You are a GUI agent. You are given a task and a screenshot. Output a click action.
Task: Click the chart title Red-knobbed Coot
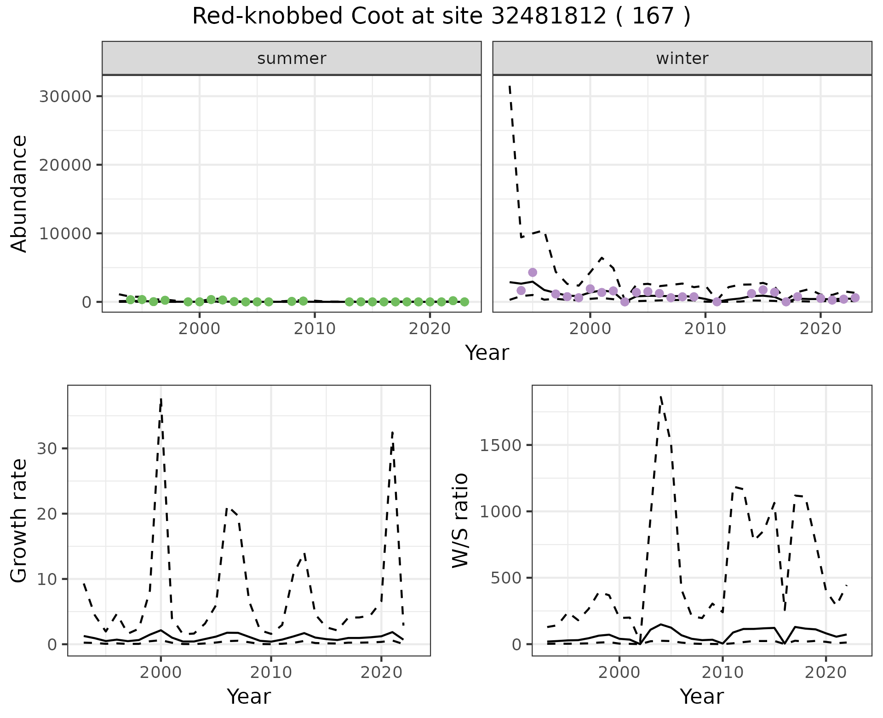coord(441,17)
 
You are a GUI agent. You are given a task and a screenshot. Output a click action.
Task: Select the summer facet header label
coord(292,58)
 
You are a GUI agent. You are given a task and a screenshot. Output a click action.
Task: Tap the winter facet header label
coord(682,58)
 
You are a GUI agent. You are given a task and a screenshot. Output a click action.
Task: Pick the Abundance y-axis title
coord(19,193)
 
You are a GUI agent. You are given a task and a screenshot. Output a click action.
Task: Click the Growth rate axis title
coord(19,520)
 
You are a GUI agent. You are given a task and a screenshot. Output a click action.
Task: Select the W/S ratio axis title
coord(460,520)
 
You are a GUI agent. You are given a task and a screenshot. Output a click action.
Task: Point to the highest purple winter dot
coord(533,272)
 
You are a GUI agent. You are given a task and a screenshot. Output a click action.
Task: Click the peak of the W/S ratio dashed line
coord(661,397)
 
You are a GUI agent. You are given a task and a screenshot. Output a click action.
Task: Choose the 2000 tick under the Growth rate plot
coord(161,672)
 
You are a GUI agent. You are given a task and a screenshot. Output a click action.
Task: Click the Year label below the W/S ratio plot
coord(702,696)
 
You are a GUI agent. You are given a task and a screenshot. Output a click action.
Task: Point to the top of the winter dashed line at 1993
coord(510,86)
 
